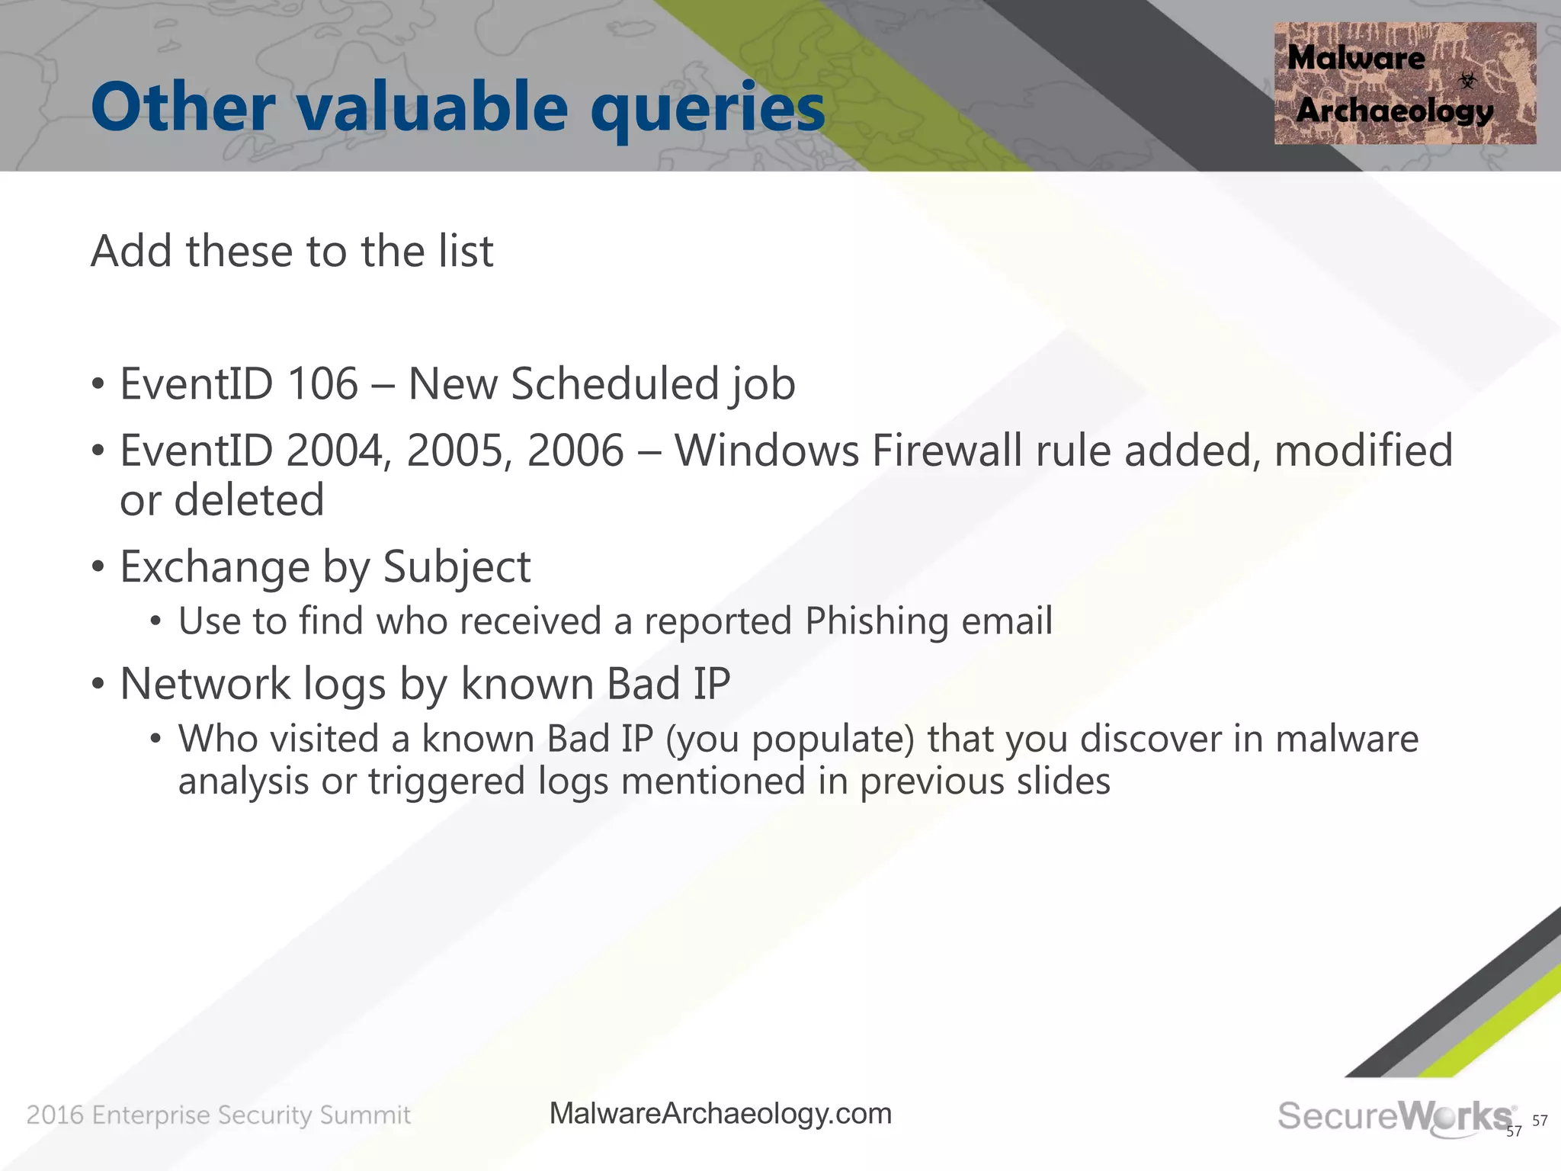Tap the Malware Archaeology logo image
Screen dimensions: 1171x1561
click(1404, 84)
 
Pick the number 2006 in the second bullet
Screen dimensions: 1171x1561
click(575, 451)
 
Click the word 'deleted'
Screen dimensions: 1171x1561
click(248, 501)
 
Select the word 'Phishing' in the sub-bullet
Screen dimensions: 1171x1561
click(876, 621)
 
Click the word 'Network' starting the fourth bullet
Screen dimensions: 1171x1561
click(205, 684)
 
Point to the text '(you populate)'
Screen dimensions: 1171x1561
click(789, 739)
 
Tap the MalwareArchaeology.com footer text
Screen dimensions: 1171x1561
click(720, 1114)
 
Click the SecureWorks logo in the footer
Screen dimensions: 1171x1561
click(1395, 1117)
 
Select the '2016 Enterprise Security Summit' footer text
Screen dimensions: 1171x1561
click(219, 1115)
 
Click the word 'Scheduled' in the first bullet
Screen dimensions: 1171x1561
click(614, 383)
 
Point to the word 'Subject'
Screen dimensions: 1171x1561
click(456, 568)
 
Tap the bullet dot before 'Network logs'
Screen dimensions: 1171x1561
click(98, 684)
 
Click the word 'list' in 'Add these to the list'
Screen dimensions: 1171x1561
click(466, 252)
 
